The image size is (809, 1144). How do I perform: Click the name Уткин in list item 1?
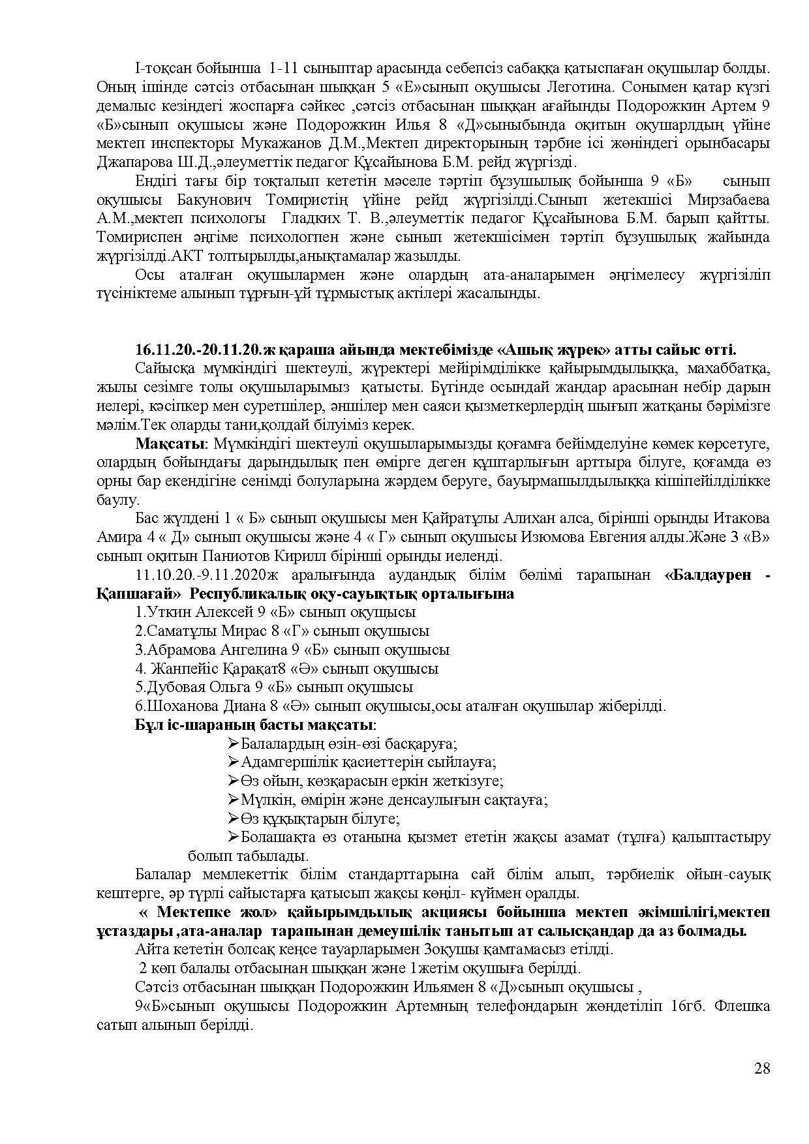pyautogui.click(x=168, y=612)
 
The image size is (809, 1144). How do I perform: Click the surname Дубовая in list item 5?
pyautogui.click(x=175, y=687)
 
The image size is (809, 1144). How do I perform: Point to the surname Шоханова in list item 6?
pyautogui.click(x=181, y=706)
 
